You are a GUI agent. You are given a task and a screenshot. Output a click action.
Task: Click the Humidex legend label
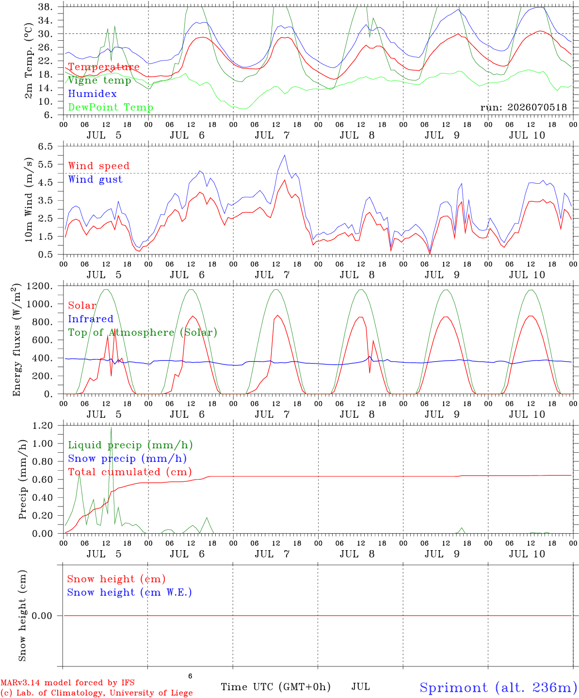(x=92, y=94)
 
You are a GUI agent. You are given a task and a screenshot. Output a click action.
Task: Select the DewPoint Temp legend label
(x=111, y=107)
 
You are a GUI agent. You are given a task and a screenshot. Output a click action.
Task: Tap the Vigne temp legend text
(x=100, y=80)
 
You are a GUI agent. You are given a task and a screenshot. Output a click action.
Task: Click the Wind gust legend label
(x=96, y=179)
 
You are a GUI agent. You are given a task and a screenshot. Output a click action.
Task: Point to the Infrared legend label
(x=91, y=318)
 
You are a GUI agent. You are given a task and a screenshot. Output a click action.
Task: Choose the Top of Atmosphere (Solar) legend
(x=143, y=333)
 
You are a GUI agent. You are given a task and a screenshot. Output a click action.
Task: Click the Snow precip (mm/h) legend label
(x=127, y=459)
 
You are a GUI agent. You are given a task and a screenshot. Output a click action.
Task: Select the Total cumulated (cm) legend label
(x=130, y=472)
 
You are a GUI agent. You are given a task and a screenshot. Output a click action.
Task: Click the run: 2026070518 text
(x=523, y=107)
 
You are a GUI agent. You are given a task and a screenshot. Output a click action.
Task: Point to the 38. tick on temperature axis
(x=45, y=7)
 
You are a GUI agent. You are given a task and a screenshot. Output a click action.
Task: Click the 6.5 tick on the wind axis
(x=46, y=146)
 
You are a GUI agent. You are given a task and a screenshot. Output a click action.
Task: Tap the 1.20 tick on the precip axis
(x=43, y=426)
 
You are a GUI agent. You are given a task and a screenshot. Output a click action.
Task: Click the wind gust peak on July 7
(x=285, y=155)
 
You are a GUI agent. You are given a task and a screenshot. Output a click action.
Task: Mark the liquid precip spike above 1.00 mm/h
(x=112, y=428)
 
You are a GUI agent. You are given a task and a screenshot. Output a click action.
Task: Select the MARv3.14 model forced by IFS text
(x=67, y=682)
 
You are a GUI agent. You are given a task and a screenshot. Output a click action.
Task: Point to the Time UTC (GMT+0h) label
(x=275, y=687)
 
